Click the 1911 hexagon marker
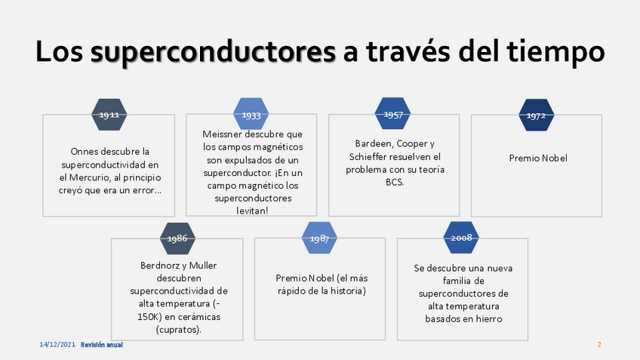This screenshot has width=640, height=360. pyautogui.click(x=109, y=115)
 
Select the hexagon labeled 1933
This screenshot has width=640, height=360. pyautogui.click(x=251, y=115)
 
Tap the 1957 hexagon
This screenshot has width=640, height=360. pyautogui.click(x=393, y=115)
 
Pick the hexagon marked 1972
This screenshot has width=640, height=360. pyautogui.click(x=536, y=115)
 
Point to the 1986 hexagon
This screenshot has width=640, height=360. pyautogui.click(x=177, y=238)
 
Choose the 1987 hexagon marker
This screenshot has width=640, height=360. pyautogui.click(x=319, y=238)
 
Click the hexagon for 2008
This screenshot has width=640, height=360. pyautogui.click(x=462, y=238)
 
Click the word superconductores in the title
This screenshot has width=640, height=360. pyautogui.click(x=213, y=53)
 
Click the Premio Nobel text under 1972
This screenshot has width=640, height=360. pyautogui.click(x=537, y=158)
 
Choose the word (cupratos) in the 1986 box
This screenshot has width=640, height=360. pyautogui.click(x=178, y=330)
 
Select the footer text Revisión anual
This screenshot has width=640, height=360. pyautogui.click(x=102, y=344)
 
